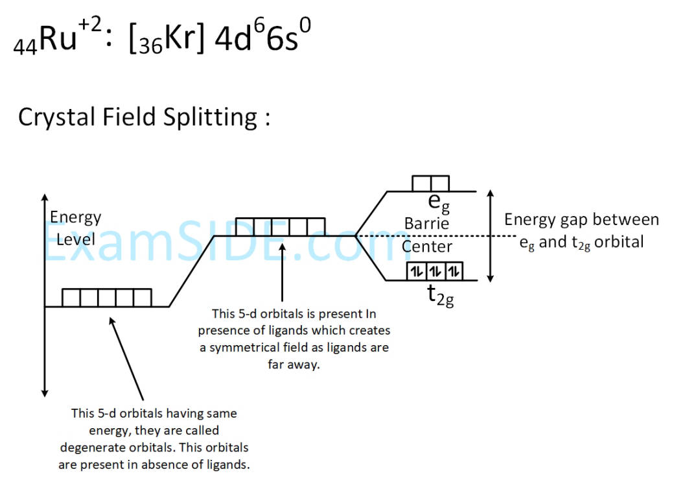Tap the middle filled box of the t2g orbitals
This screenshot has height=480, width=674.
point(435,271)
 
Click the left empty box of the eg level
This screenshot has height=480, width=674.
point(421,184)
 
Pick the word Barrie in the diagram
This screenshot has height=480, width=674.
point(426,224)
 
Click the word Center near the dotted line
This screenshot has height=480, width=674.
point(427,247)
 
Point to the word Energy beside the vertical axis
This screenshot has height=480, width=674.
point(76,218)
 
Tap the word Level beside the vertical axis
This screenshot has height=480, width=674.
point(76,239)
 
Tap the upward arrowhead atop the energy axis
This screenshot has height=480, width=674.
point(45,198)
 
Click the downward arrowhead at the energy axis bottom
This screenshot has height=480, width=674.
point(45,392)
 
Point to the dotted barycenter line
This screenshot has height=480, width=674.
point(436,235)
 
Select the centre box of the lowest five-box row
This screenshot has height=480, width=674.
point(107,298)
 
